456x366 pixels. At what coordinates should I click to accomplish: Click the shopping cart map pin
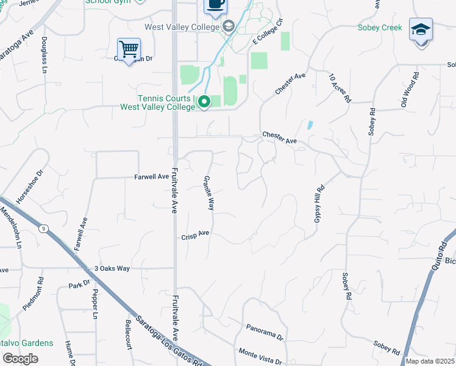point(129,49)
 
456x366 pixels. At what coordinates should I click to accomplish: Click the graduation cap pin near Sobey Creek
point(421,30)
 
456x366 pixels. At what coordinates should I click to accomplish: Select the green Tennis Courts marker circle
point(204,102)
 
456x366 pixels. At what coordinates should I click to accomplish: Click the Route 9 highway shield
point(43,229)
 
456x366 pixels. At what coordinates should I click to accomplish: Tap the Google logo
point(20,359)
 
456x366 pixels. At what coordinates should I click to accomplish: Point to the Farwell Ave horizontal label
point(151,177)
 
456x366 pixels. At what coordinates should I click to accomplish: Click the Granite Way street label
point(208,193)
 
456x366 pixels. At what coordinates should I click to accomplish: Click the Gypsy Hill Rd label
point(319,204)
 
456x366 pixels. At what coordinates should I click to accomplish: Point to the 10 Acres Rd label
point(340,88)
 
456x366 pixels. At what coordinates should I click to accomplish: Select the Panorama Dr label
point(265,332)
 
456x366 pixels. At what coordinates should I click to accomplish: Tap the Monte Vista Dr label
point(260,353)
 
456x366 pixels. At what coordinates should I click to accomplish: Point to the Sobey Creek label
point(380,27)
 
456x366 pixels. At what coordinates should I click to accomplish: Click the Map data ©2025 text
point(430,361)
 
